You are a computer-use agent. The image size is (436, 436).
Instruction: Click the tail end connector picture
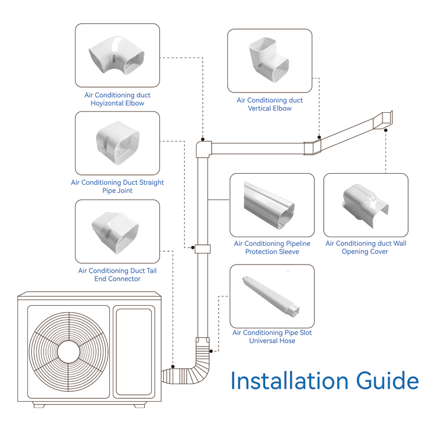117,231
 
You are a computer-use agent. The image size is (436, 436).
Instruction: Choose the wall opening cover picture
366,205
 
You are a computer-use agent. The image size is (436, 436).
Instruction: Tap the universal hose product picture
271,296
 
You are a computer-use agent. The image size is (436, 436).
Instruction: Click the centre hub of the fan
69,351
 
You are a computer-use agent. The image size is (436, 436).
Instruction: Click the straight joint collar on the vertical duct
202,248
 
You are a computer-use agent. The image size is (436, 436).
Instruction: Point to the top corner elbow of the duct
203,148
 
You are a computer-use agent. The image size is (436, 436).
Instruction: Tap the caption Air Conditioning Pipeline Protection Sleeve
271,248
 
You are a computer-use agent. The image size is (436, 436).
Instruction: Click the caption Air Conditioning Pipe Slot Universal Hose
271,337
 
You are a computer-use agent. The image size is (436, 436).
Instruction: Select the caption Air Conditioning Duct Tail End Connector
117,275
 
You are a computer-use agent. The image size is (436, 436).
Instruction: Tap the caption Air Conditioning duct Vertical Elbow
269,104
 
